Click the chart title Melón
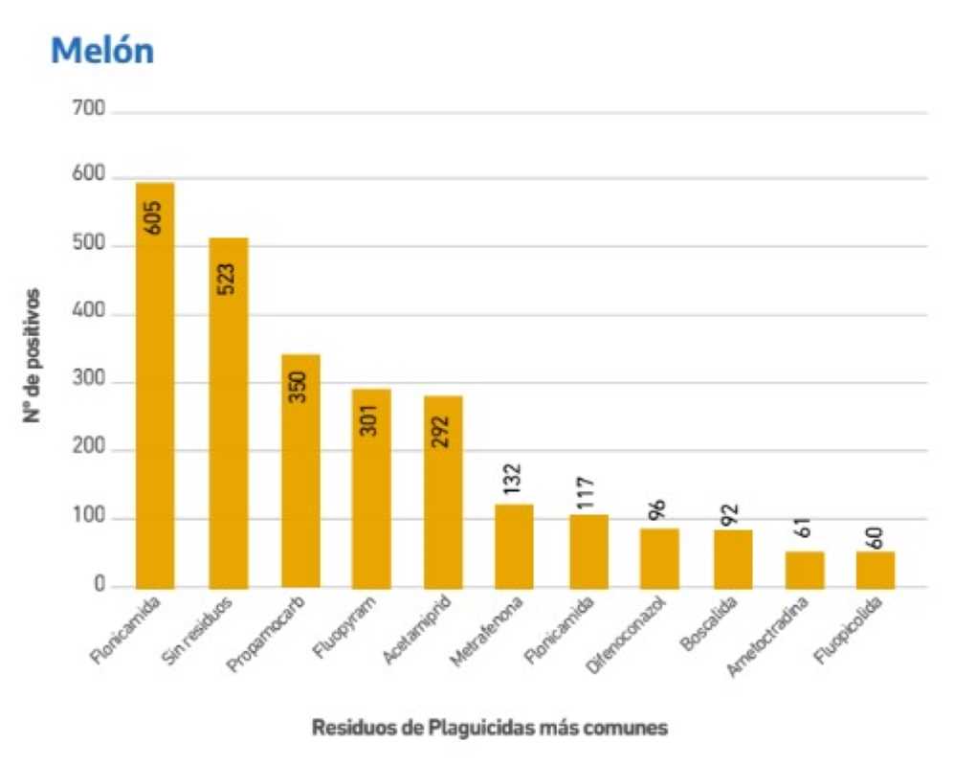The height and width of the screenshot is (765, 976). coord(102,51)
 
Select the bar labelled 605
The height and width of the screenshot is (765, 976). coord(155,386)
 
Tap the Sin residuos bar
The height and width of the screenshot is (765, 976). coord(229,413)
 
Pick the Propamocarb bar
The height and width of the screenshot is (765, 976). coord(300,472)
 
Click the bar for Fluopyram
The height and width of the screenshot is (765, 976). coord(371,488)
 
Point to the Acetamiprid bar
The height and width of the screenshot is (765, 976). coord(443,492)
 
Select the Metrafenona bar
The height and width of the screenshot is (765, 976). coord(514,547)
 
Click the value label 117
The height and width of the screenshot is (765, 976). coord(585,493)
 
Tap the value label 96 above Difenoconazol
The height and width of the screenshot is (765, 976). coord(657,509)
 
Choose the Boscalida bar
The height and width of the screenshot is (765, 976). coord(733,559)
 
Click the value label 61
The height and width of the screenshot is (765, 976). coord(804,527)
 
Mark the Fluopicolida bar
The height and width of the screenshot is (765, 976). coord(876,570)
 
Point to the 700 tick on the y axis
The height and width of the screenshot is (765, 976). coord(88,108)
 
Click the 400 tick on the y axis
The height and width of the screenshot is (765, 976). coord(88,311)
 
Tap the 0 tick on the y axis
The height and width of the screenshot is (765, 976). coord(100,584)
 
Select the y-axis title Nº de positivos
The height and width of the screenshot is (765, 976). coord(32,355)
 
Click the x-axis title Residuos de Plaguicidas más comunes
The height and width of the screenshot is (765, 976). coord(490,727)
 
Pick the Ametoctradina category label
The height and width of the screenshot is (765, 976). coord(767,636)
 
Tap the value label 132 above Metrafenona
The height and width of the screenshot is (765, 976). coord(513,479)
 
